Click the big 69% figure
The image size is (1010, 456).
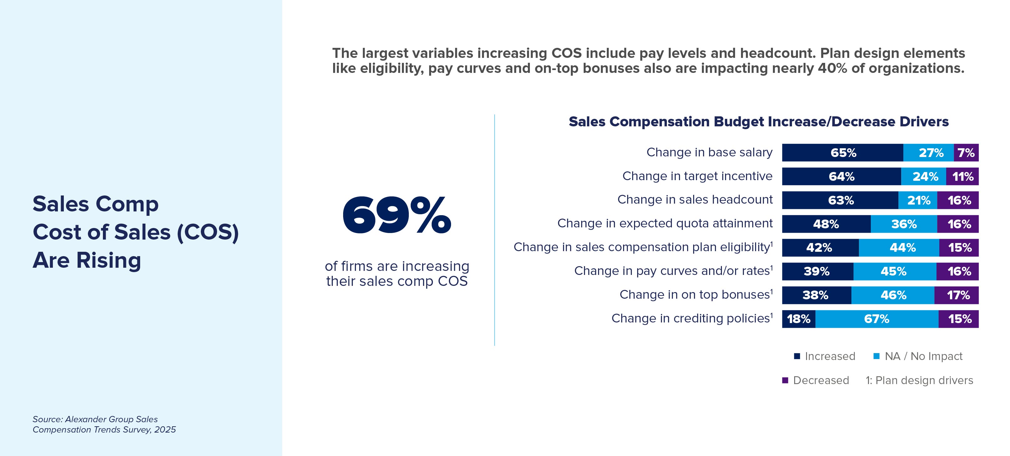click(x=397, y=216)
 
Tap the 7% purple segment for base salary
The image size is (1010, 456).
click(x=966, y=153)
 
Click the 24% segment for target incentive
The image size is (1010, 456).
click(x=923, y=176)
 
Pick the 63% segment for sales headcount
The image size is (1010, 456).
click(x=840, y=200)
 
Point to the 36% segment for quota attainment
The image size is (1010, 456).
click(x=904, y=224)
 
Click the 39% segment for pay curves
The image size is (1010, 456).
click(x=817, y=271)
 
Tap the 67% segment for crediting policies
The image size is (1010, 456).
click(x=877, y=319)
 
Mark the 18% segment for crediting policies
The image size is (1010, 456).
click(x=798, y=319)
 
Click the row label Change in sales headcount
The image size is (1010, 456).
click(x=695, y=200)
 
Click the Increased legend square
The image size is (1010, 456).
click(x=797, y=356)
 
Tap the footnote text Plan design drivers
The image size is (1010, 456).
click(x=924, y=380)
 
